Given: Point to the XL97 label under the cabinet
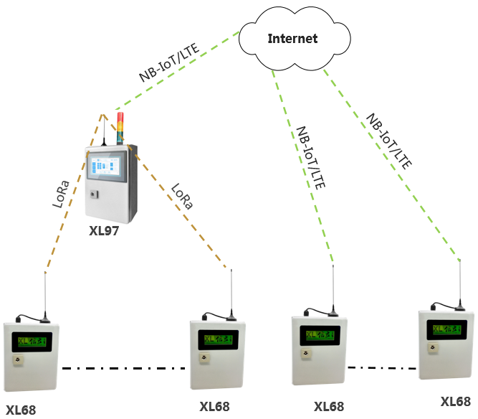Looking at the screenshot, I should point(103,231).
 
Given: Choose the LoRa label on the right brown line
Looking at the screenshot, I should point(182,197).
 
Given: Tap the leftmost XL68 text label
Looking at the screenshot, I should point(20,410).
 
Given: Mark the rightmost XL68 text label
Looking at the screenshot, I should point(455,402).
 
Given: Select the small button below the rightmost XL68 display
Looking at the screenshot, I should point(433,348).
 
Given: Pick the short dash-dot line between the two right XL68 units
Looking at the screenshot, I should point(383,368).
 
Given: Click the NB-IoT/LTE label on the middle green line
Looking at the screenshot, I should point(310,158).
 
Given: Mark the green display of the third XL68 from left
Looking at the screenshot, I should point(320,334).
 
